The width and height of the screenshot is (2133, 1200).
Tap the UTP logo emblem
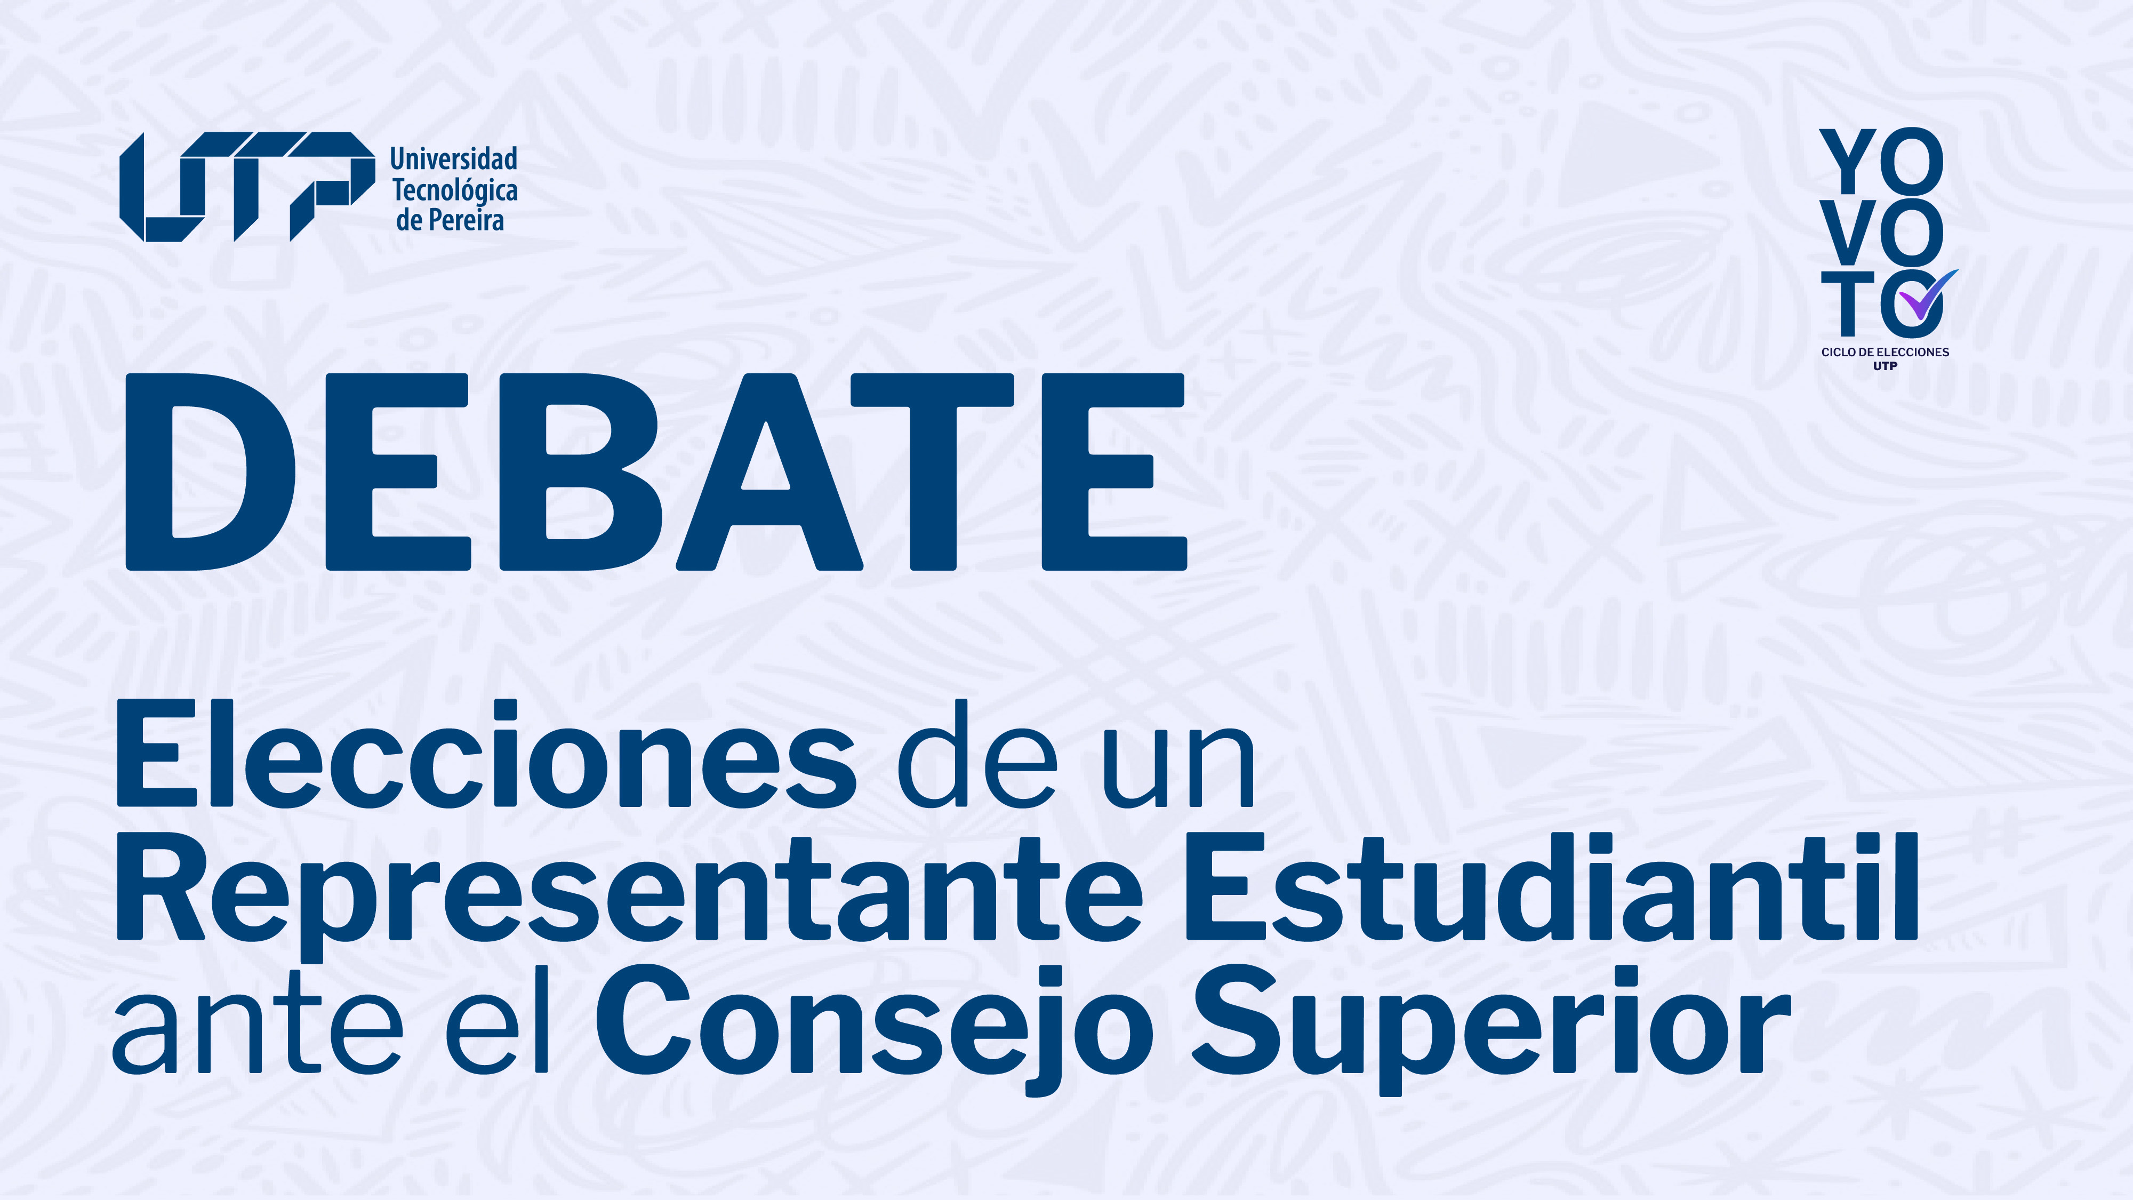coord(247,186)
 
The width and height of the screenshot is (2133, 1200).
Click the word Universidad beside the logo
coord(454,158)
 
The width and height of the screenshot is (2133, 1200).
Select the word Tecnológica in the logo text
coord(454,190)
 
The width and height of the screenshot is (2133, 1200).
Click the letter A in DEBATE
coord(769,472)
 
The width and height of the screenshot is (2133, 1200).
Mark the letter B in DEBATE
coord(580,472)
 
